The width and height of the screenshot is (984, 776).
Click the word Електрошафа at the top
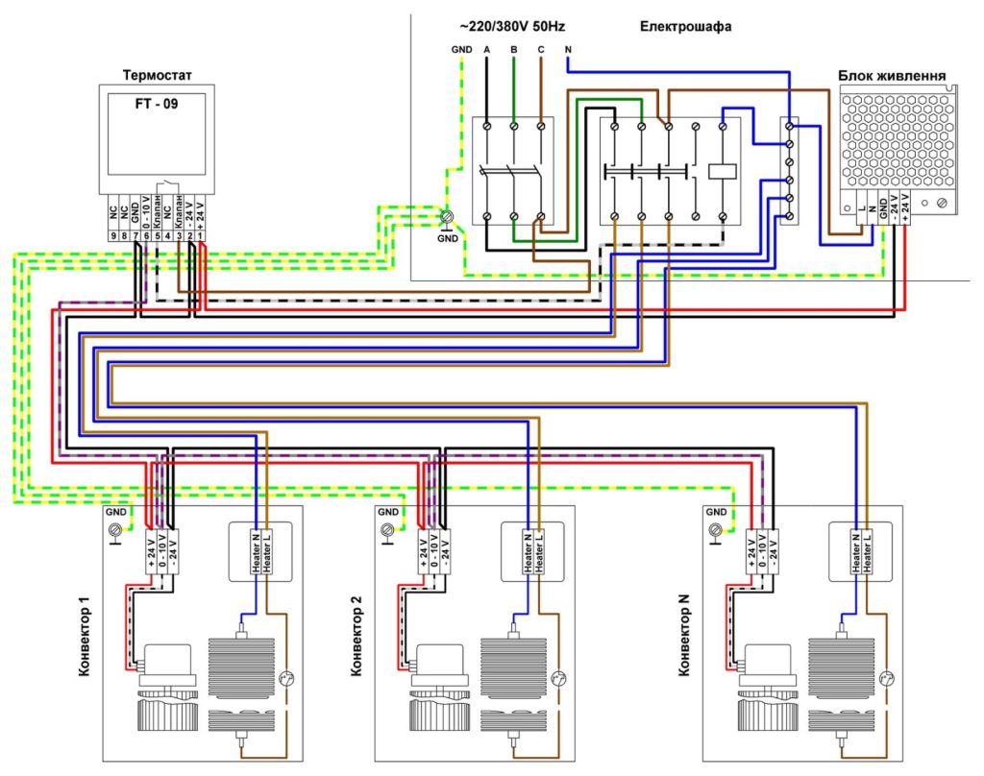[686, 27]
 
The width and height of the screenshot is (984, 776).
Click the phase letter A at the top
[487, 49]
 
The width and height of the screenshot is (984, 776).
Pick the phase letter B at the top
[514, 49]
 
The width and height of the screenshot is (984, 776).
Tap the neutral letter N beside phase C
[569, 49]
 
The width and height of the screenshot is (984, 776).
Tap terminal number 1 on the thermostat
[202, 234]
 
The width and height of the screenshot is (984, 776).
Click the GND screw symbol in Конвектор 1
[117, 529]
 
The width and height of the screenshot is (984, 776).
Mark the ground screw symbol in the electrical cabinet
[448, 218]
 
